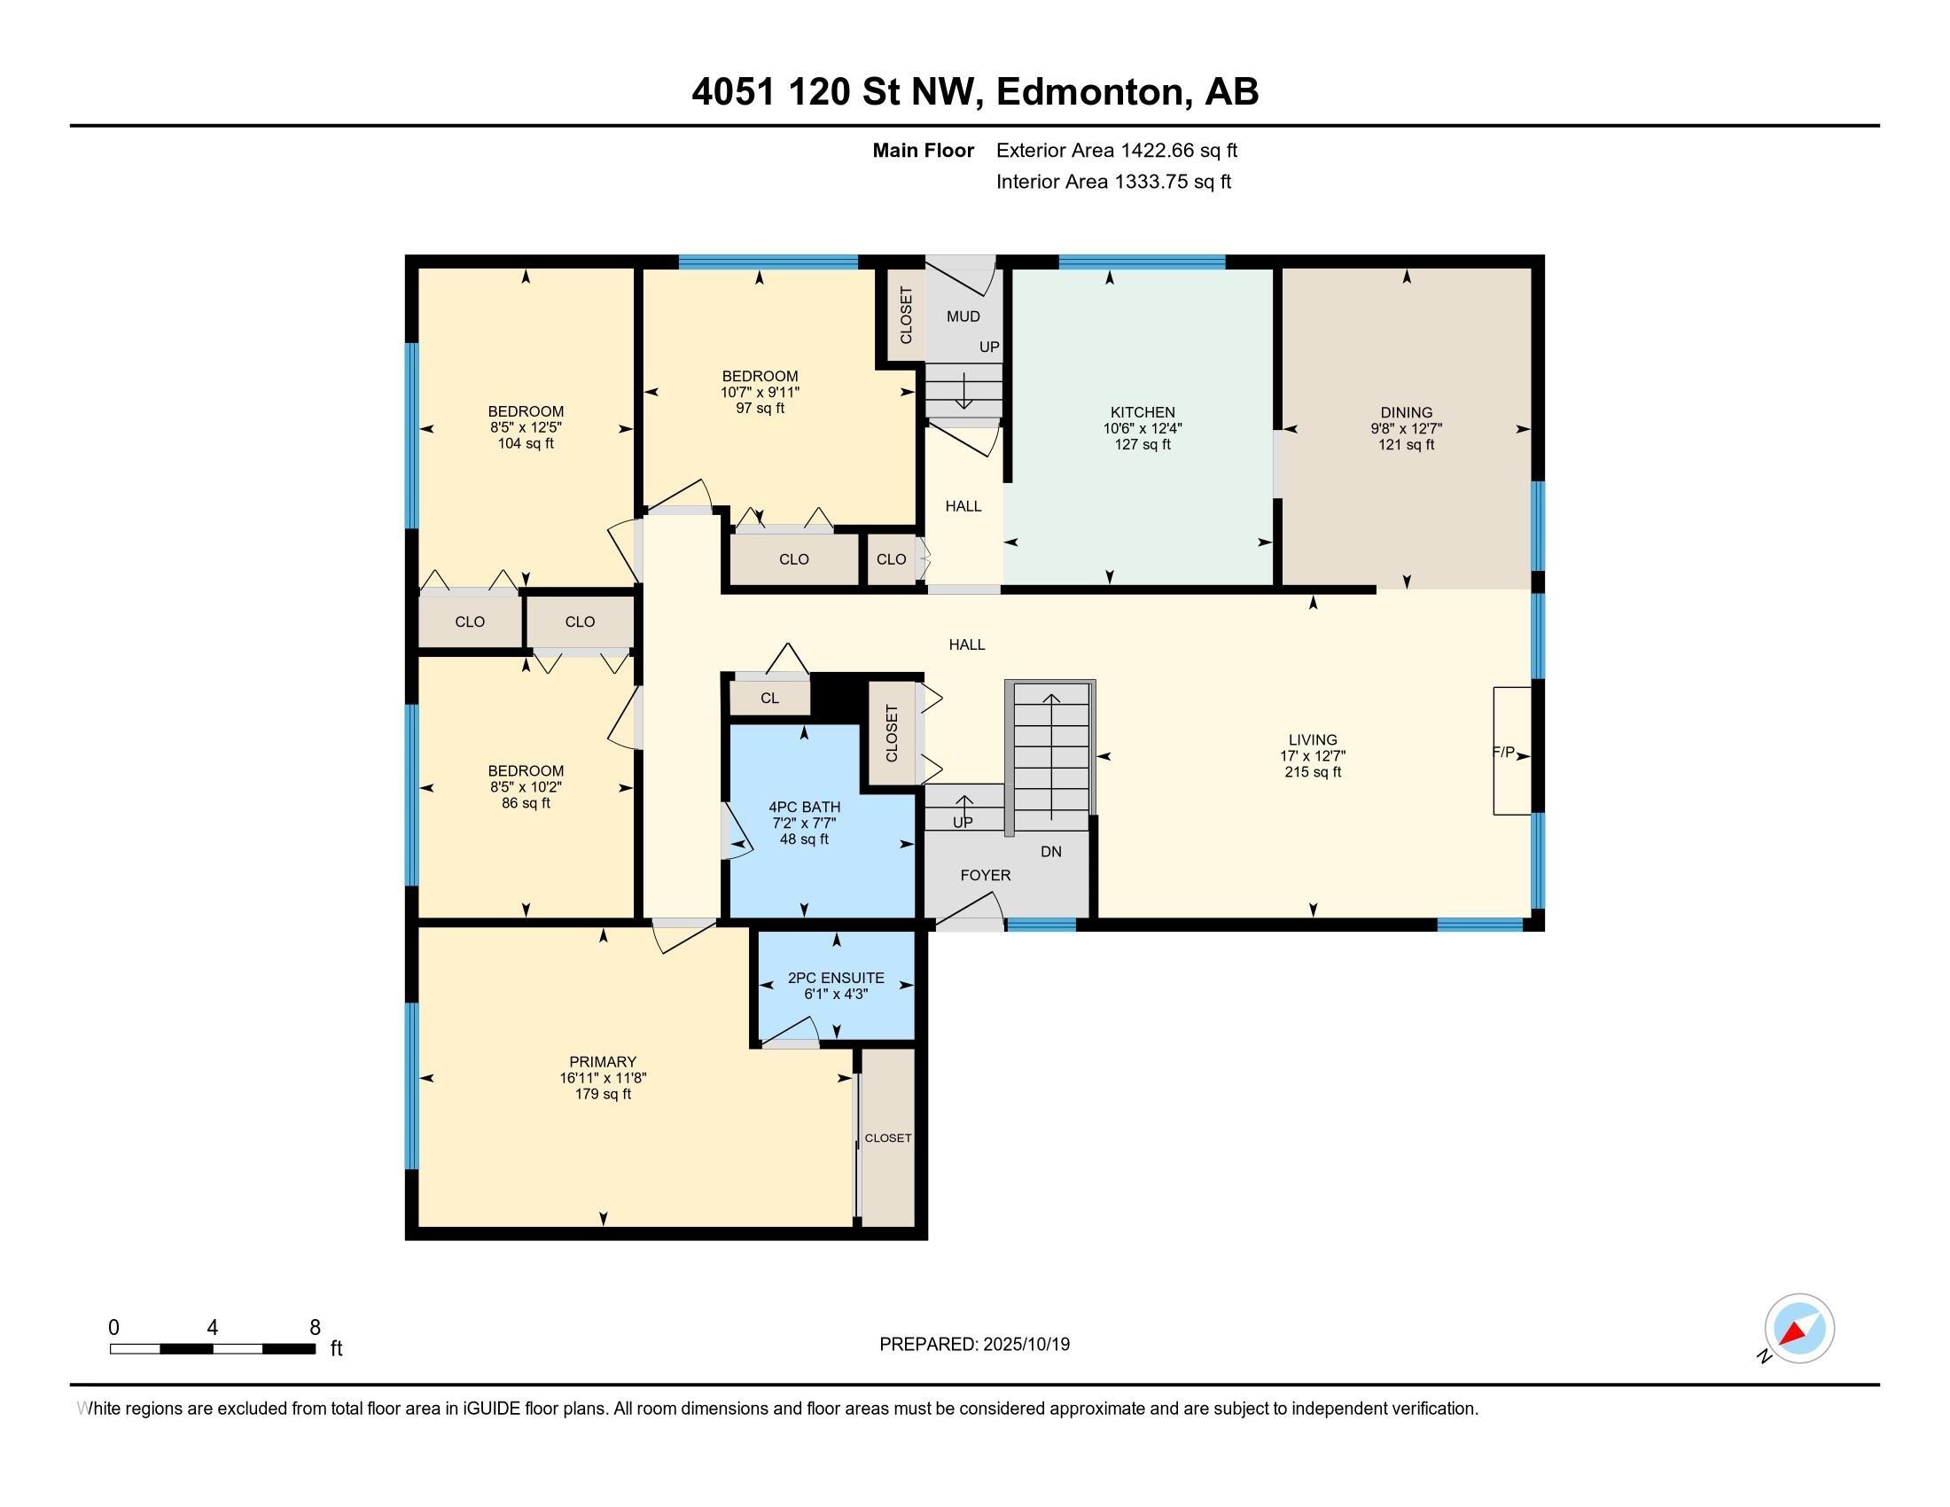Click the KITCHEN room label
[x=1142, y=412]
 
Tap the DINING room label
[x=1407, y=412]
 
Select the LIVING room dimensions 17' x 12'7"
[x=1313, y=755]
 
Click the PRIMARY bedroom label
[x=603, y=1061]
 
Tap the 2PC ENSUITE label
[x=836, y=978]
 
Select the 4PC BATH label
[x=805, y=807]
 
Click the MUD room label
[x=963, y=316]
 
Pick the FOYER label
[x=986, y=875]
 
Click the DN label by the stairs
[x=1051, y=852]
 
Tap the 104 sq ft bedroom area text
[x=526, y=444]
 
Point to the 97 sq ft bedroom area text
[x=760, y=408]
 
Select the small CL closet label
[x=769, y=699]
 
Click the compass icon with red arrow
[x=1799, y=1329]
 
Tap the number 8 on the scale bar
[x=315, y=1328]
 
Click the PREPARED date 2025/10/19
[x=974, y=1345]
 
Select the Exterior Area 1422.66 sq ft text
[x=1116, y=150]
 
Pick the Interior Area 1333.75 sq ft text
[x=1113, y=182]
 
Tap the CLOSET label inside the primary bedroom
[x=887, y=1138]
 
